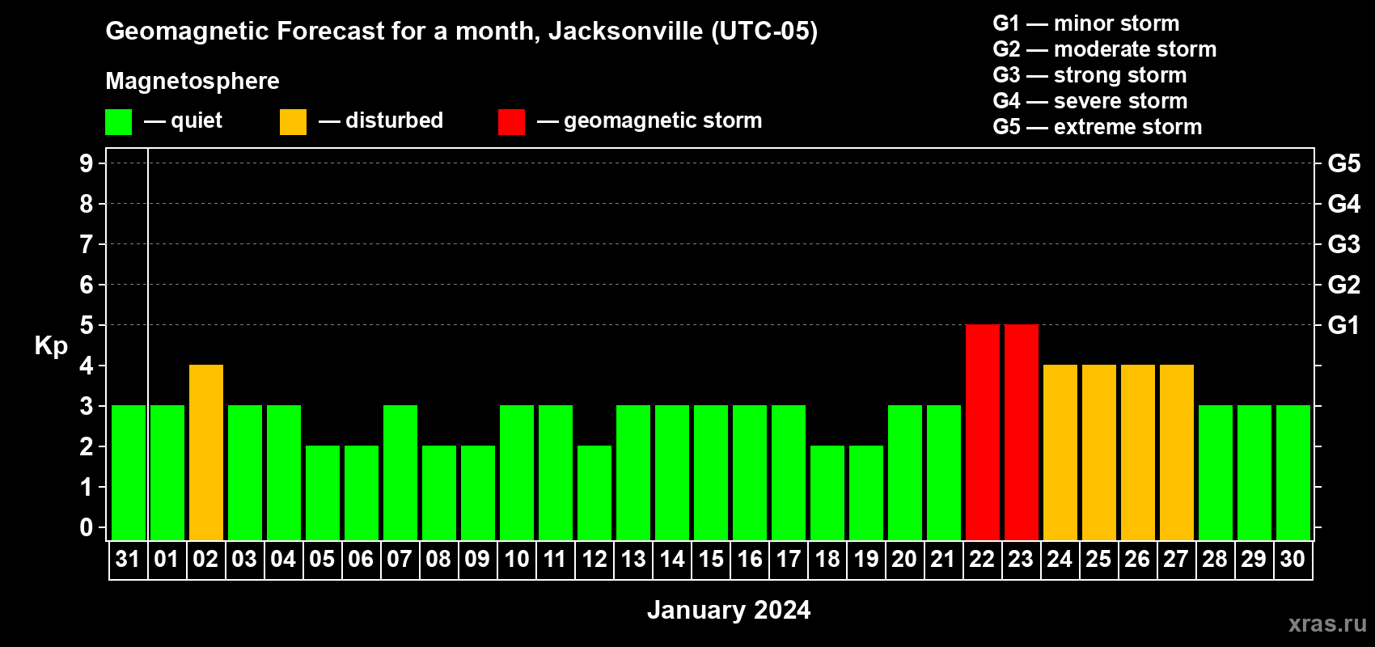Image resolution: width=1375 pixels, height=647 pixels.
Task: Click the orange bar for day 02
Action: point(206,452)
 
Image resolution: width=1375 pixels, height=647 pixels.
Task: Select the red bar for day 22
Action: point(983,432)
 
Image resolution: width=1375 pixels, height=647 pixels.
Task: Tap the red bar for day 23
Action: point(1022,432)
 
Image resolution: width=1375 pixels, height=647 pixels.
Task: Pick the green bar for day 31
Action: point(129,472)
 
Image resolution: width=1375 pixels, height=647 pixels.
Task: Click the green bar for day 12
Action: point(594,493)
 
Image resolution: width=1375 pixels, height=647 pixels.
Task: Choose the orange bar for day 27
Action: point(1177,452)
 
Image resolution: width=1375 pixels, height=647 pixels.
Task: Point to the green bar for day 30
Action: point(1293,472)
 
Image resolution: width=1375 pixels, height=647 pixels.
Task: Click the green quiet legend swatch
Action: point(119,122)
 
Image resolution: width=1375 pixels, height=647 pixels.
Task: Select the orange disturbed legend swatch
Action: point(294,122)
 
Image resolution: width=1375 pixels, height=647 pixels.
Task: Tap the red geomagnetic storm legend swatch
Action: point(512,122)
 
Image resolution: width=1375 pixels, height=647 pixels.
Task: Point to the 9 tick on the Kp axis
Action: point(87,163)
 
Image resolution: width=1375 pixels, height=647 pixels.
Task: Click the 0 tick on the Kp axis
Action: point(87,528)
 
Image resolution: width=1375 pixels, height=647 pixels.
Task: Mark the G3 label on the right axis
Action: point(1343,244)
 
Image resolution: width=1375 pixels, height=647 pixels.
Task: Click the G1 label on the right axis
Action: point(1343,325)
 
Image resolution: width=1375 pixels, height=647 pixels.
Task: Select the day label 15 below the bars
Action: point(711,560)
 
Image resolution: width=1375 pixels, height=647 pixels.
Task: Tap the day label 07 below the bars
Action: point(400,560)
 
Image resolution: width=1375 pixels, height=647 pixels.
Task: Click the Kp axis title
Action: point(51,346)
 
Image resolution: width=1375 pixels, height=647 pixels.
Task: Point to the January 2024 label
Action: point(729,610)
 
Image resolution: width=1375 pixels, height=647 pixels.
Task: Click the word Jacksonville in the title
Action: point(625,32)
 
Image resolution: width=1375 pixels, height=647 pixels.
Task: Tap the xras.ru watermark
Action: point(1327,624)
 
